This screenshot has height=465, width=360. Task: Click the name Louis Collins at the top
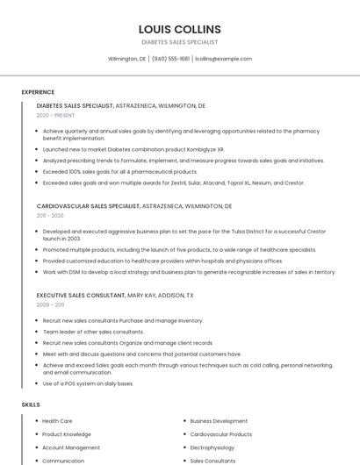[179, 29]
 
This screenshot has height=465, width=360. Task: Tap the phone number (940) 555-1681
[170, 59]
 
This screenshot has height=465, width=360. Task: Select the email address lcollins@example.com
[223, 59]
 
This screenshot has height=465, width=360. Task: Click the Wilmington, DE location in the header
[126, 59]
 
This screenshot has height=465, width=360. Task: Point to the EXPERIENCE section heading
[38, 92]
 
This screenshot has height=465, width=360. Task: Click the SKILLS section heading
[30, 404]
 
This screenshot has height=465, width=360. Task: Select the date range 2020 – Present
[55, 115]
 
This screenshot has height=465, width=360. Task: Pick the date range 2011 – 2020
[50, 215]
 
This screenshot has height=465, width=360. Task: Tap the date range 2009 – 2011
[50, 304]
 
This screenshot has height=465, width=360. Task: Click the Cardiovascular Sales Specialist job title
[88, 205]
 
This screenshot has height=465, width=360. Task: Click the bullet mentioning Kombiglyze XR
[133, 150]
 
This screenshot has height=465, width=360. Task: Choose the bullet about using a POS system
[88, 383]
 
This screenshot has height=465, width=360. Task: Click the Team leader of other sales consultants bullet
[93, 332]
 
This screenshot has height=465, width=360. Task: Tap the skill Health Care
[57, 421]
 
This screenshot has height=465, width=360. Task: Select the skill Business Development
[219, 421]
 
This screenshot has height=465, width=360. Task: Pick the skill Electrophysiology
[212, 447]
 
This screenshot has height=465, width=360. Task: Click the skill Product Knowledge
[66, 434]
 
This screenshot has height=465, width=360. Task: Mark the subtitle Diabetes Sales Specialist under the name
[179, 42]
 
